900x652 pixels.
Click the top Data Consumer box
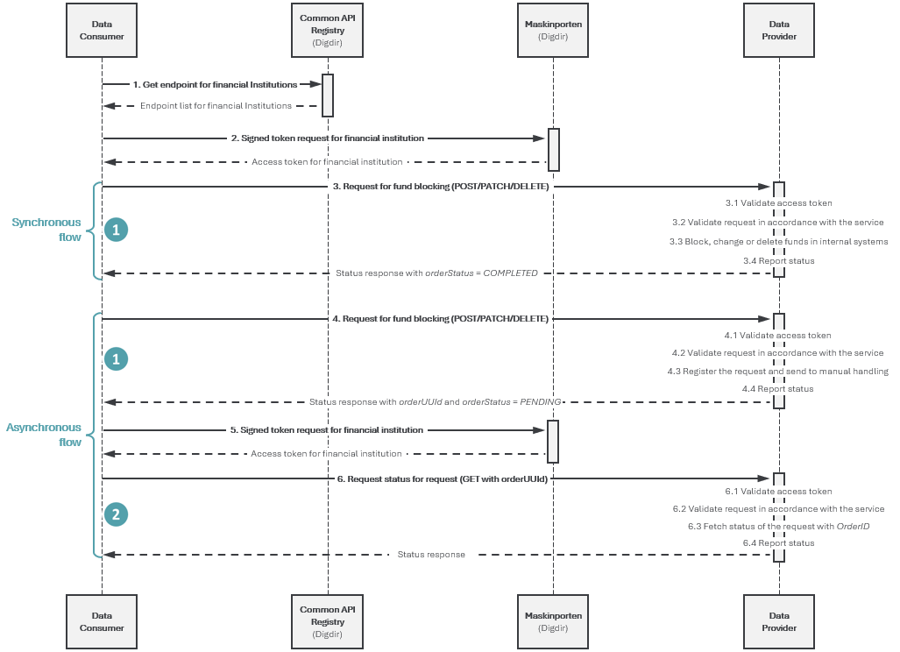[x=102, y=31]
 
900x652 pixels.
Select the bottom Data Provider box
[x=779, y=621]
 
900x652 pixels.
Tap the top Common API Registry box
[x=327, y=31]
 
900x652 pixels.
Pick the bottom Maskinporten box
[x=553, y=621]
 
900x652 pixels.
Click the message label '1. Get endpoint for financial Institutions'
[x=216, y=84]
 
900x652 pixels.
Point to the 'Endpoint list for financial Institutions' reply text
[x=216, y=106]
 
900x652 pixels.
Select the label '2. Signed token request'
[x=328, y=138]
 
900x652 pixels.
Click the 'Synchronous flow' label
[x=46, y=230]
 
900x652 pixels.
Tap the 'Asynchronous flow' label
[x=44, y=435]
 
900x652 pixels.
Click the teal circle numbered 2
[x=116, y=514]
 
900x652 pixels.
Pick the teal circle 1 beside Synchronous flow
[x=116, y=230]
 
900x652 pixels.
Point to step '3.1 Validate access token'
[x=778, y=203]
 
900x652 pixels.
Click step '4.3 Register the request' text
[x=777, y=372]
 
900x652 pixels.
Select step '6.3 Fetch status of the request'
[x=778, y=527]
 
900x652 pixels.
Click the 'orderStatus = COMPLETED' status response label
[x=436, y=273]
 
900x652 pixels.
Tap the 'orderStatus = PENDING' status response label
[x=435, y=401]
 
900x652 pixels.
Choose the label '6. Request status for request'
[x=442, y=478]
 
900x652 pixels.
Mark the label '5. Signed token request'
[x=327, y=430]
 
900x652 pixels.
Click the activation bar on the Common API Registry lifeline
[x=327, y=96]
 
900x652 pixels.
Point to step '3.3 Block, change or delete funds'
[x=778, y=242]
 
